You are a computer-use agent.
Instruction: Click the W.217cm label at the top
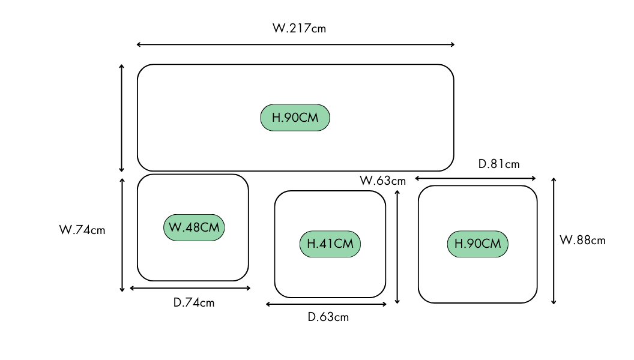(x=299, y=28)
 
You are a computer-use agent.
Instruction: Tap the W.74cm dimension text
(x=82, y=229)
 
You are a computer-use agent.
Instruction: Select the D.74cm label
(x=193, y=302)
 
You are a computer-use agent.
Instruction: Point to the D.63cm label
(x=328, y=317)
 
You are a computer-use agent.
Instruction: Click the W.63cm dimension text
(x=382, y=180)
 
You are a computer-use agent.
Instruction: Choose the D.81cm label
(x=498, y=164)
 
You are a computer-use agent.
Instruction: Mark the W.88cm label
(x=582, y=241)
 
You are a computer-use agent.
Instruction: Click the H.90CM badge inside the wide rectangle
(x=295, y=118)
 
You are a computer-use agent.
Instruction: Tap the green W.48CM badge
(x=194, y=227)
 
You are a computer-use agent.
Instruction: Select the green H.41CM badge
(x=330, y=244)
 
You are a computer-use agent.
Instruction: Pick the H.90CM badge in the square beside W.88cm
(x=477, y=244)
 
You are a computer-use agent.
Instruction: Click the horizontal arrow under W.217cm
(x=295, y=44)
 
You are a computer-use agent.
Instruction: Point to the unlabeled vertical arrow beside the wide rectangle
(x=122, y=118)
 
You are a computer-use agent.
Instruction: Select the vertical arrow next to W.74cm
(x=122, y=235)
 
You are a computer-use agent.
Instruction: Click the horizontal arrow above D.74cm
(x=190, y=289)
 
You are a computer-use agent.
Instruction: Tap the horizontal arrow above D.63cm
(x=327, y=305)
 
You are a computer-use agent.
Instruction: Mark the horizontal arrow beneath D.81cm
(x=475, y=178)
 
